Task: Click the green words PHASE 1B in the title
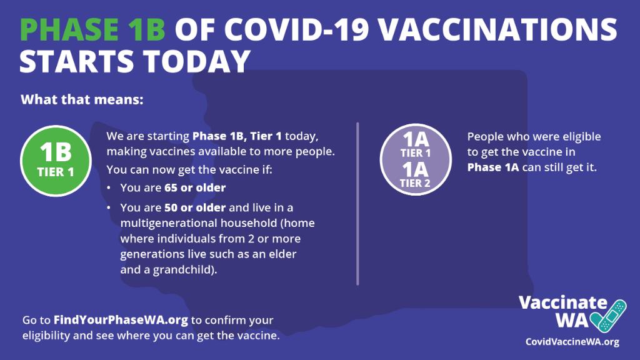(92, 29)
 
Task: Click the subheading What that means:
(82, 99)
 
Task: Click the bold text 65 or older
(195, 187)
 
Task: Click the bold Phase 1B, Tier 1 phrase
(237, 136)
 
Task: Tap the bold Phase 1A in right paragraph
(493, 167)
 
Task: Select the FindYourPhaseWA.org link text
(121, 320)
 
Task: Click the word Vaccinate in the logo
(562, 303)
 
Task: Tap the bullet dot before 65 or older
(109, 188)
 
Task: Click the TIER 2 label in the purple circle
(416, 183)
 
